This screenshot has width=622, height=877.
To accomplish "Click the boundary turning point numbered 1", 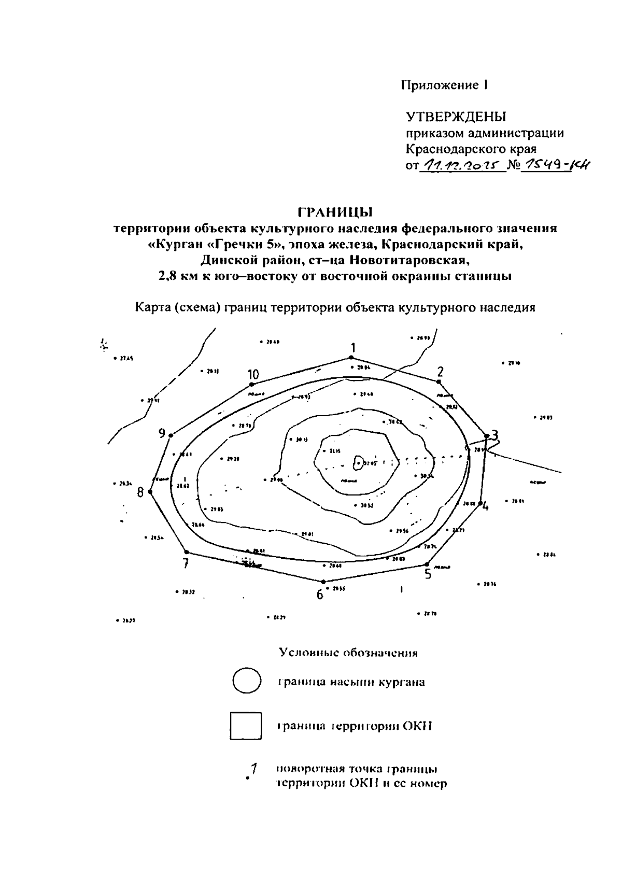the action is pyautogui.click(x=351, y=357).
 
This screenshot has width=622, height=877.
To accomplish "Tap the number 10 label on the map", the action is pyautogui.click(x=253, y=374).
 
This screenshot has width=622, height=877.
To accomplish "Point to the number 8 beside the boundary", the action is pyautogui.click(x=140, y=492).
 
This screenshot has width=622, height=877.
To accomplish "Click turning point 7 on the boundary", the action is pyautogui.click(x=187, y=552).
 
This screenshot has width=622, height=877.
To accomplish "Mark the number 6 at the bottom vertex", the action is pyautogui.click(x=320, y=595).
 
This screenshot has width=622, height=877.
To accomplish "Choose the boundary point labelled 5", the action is pyautogui.click(x=427, y=564).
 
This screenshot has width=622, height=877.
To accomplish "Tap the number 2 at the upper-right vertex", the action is pyautogui.click(x=440, y=372).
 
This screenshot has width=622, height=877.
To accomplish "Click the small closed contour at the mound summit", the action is pyautogui.click(x=358, y=462).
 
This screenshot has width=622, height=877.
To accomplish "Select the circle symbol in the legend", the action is pyautogui.click(x=246, y=681).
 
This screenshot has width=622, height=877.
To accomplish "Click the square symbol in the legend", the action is pyautogui.click(x=245, y=726).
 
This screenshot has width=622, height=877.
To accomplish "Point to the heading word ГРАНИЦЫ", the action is pyautogui.click(x=335, y=213).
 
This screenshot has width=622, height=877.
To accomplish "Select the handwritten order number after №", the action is pyautogui.click(x=556, y=165).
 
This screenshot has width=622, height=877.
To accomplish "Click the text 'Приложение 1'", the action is pyautogui.click(x=444, y=85).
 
